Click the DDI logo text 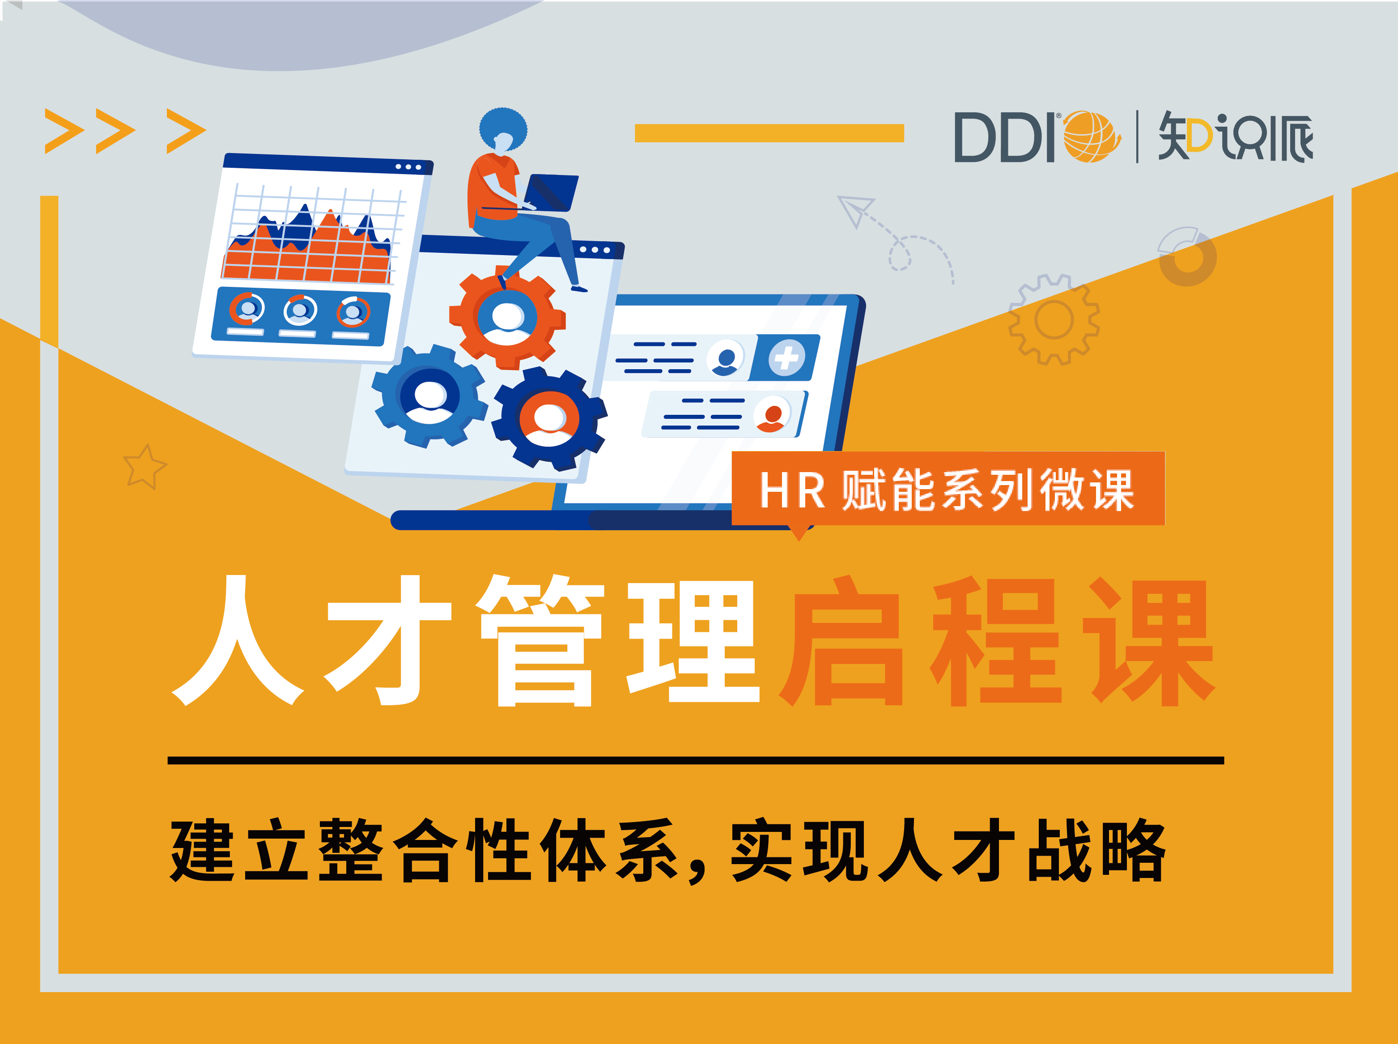coord(1004,137)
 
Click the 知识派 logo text coord(1236,136)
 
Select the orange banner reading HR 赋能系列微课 coord(948,489)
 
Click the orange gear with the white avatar coord(507,317)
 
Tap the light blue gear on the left coord(429,396)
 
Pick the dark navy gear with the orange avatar coord(549,418)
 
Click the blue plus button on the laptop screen coord(786,358)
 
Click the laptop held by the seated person coord(551,192)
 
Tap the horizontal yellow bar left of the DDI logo coord(769,133)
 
